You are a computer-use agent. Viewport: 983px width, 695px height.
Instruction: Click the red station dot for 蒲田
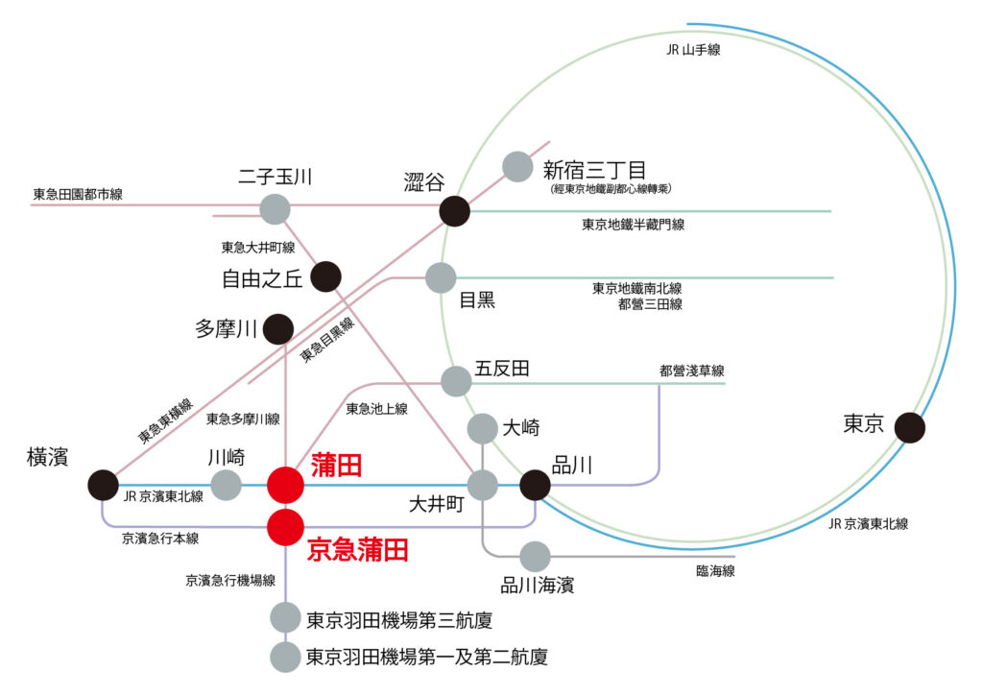[x=285, y=486]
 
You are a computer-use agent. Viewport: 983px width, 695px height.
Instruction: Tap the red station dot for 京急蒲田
[x=285, y=527]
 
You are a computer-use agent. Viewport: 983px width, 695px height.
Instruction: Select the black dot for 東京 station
[x=909, y=427]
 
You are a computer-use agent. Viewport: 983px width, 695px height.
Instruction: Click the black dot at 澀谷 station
[x=454, y=210]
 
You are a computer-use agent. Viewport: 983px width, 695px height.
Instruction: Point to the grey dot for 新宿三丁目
[x=517, y=167]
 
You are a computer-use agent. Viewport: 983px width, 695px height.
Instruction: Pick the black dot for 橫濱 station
[x=103, y=486]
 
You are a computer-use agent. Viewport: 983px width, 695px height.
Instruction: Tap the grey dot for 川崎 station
[x=227, y=486]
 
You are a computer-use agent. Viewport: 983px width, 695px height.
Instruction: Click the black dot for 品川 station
[x=535, y=486]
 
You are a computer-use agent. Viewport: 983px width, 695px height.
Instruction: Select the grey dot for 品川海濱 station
[x=535, y=556]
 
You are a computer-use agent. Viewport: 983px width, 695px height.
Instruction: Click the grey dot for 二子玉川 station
[x=276, y=208]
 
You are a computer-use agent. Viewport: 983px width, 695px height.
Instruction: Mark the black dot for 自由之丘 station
[x=325, y=276]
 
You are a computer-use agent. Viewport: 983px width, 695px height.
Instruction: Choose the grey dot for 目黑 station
[x=441, y=277]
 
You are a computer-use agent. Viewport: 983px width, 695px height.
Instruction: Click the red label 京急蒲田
[x=357, y=550]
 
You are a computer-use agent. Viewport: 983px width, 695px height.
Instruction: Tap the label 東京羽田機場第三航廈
[x=398, y=620]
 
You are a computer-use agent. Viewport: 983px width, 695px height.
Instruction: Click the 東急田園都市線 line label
[x=78, y=194]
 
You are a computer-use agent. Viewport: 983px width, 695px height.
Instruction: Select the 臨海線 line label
[x=715, y=571]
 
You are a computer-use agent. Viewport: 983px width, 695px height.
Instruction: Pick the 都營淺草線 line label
[x=691, y=370]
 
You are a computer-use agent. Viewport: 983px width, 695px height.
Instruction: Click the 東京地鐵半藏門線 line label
[x=633, y=225]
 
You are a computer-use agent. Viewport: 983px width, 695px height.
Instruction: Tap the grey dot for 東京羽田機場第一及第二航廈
[x=285, y=658]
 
